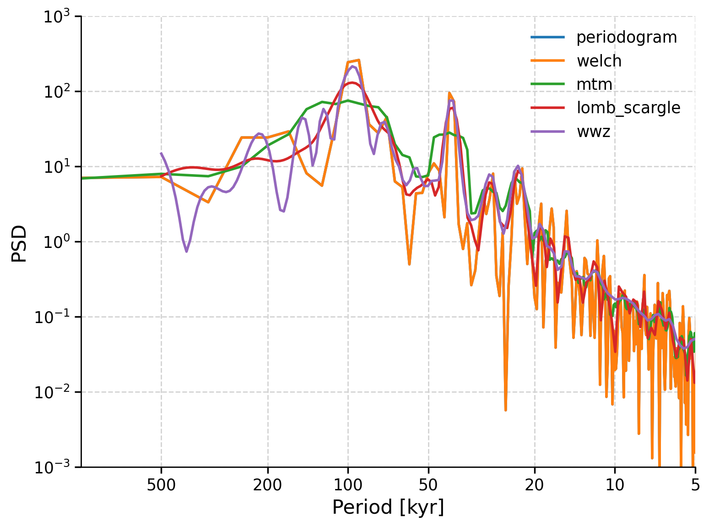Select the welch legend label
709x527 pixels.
tap(599, 61)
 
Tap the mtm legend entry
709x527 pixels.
tap(594, 84)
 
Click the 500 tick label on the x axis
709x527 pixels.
tap(161, 485)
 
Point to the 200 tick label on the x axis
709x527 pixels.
tap(268, 485)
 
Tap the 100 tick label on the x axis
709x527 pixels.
tap(348, 485)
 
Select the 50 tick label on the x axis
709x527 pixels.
tap(428, 485)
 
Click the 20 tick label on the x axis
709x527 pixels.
tap(535, 485)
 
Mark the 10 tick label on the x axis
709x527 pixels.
tap(615, 485)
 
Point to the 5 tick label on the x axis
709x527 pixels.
tap(695, 485)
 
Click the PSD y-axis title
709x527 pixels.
tap(20, 243)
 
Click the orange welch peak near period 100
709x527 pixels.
tap(359, 60)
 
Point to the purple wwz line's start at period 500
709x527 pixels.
tap(161, 153)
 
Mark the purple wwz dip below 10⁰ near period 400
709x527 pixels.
tap(186, 251)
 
